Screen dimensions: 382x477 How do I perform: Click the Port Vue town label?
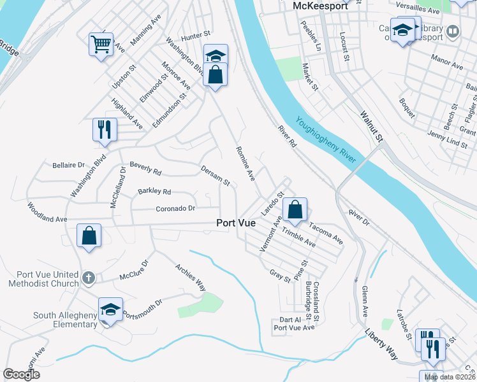[236, 223]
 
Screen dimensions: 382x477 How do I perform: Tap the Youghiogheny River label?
[325, 141]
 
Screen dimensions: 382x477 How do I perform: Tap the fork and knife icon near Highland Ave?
[104, 129]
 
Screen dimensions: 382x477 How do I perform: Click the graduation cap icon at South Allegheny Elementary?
[110, 310]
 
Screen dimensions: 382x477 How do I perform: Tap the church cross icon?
[89, 278]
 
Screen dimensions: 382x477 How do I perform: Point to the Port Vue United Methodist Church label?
[43, 279]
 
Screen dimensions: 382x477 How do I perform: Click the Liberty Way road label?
[382, 345]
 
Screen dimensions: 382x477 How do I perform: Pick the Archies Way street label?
[191, 278]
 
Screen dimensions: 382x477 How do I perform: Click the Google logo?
[22, 374]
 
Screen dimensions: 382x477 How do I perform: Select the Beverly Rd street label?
[145, 169]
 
